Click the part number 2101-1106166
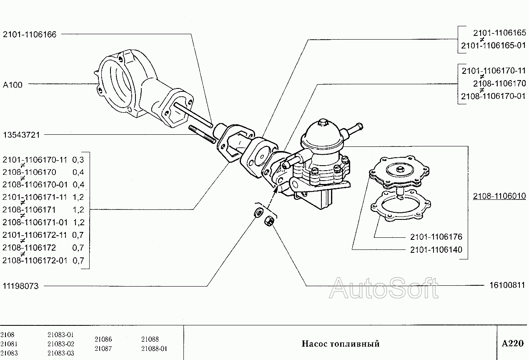coord(30,34)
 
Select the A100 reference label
coord(13,85)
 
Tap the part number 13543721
coord(21,135)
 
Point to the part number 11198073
coord(21,286)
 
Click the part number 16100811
coord(507,285)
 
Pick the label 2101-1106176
coord(436,237)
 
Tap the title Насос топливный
coord(341,344)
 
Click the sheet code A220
coord(512,344)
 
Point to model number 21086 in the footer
coord(103,340)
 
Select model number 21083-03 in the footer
coord(61,353)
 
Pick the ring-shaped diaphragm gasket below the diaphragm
coord(400,205)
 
